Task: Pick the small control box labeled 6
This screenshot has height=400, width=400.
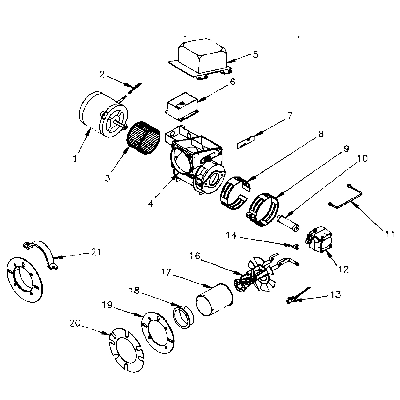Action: (x=183, y=107)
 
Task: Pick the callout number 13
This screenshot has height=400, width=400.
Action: (x=336, y=295)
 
